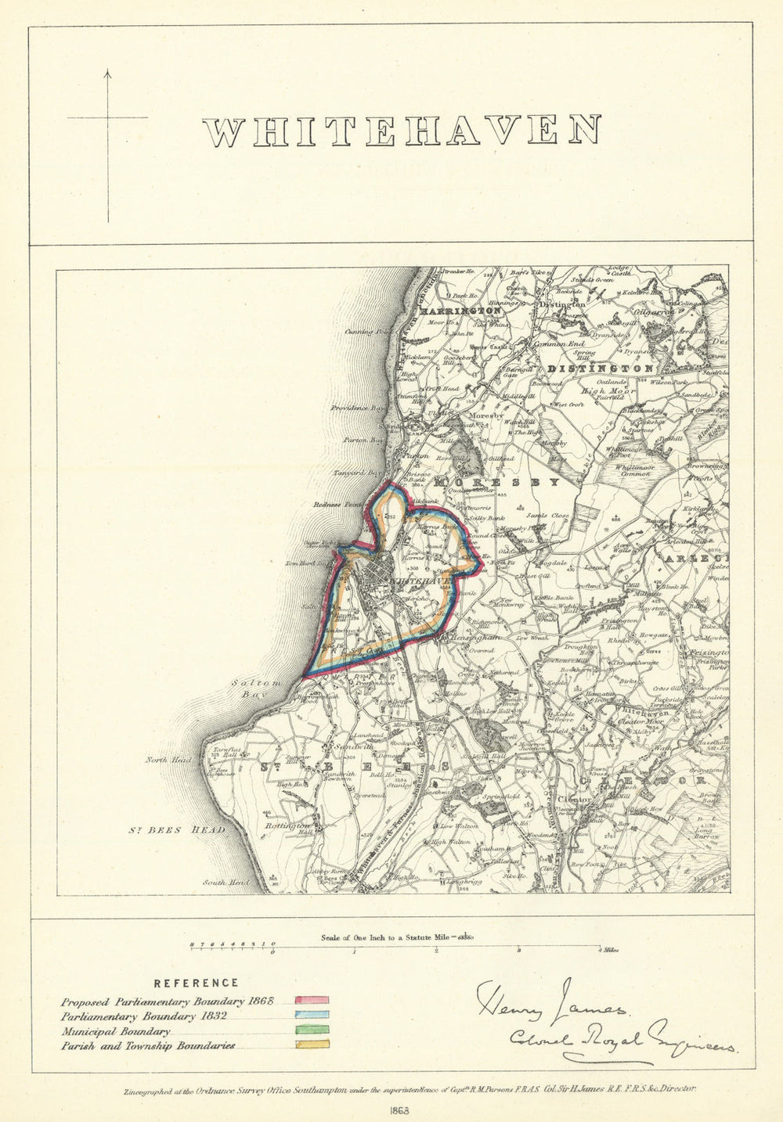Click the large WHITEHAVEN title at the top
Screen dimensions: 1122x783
pyautogui.click(x=402, y=131)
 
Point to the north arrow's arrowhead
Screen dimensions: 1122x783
pyautogui.click(x=108, y=73)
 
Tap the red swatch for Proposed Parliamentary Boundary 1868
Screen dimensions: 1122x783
pyautogui.click(x=312, y=1001)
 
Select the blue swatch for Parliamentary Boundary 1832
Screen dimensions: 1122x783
pyautogui.click(x=312, y=1016)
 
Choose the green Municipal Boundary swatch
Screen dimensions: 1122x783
pyautogui.click(x=312, y=1030)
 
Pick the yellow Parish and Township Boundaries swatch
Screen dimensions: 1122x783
pyautogui.click(x=312, y=1044)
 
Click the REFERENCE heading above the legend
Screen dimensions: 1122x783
pyautogui.click(x=196, y=984)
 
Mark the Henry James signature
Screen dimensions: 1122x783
pyautogui.click(x=548, y=1002)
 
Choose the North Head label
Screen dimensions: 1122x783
pyautogui.click(x=168, y=760)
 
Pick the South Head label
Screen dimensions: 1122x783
pyautogui.click(x=220, y=883)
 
